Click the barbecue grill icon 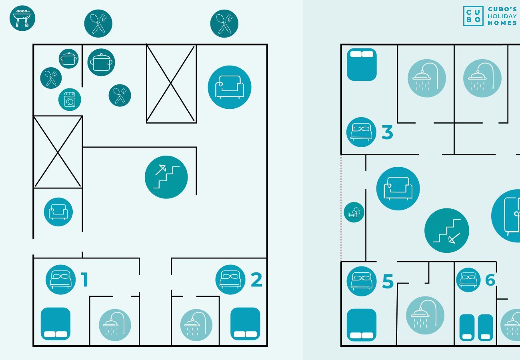[22, 18]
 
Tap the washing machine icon [70, 100]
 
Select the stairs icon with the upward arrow [166, 177]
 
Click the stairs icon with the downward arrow [446, 230]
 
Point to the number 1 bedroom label [84, 280]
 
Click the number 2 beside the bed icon [256, 280]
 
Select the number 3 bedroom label [387, 132]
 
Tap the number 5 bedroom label [388, 282]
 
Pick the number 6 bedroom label [490, 280]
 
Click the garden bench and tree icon [354, 212]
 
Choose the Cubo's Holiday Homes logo [490, 16]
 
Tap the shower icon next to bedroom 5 [425, 315]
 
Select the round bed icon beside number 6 [468, 280]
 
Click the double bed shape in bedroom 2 [245, 324]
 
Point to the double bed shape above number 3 [362, 64]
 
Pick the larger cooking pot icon [101, 62]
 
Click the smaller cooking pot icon [68, 59]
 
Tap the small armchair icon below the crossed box [58, 212]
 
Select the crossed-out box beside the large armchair [171, 83]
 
